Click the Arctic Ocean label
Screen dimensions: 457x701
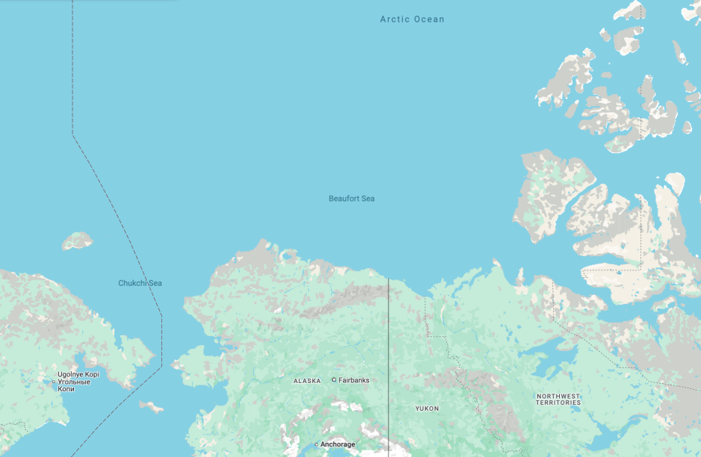pos(412,19)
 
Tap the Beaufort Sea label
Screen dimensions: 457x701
pos(351,199)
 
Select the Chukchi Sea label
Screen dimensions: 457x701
pos(140,283)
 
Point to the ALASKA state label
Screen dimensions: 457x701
pos(306,381)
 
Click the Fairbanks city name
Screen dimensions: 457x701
pos(353,380)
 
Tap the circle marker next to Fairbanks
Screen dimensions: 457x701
pos(334,380)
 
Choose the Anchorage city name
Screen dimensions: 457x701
pos(338,444)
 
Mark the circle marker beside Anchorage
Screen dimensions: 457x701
pos(316,444)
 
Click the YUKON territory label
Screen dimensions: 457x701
pos(427,408)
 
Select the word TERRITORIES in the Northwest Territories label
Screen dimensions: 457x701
pos(558,402)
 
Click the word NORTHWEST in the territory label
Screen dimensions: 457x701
pos(558,396)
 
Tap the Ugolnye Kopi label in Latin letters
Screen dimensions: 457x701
pos(78,374)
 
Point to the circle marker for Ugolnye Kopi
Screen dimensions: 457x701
pos(53,382)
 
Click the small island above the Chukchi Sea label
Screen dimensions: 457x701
pos(77,240)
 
